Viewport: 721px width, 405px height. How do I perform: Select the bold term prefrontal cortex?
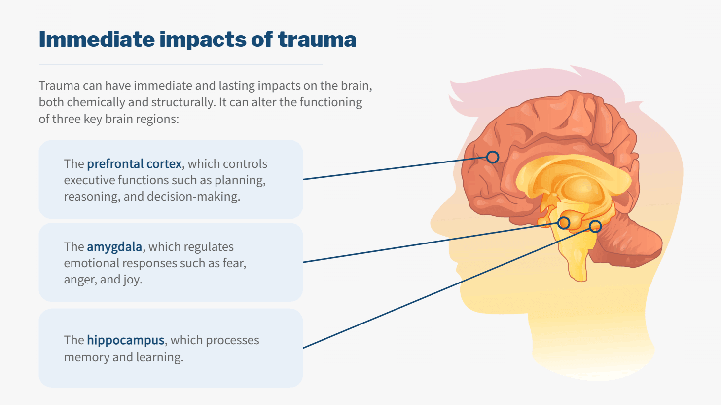pyautogui.click(x=134, y=164)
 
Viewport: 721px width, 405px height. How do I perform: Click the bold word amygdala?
pyautogui.click(x=114, y=247)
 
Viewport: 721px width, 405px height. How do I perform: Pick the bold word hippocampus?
pyautogui.click(x=125, y=340)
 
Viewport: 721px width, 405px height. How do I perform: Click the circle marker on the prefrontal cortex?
pyautogui.click(x=492, y=157)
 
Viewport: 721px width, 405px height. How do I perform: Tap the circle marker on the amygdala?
pyautogui.click(x=564, y=223)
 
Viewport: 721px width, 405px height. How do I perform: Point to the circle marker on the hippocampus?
pyautogui.click(x=595, y=226)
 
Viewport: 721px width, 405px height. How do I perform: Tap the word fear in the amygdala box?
pyautogui.click(x=233, y=263)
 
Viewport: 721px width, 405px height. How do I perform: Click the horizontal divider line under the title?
pyautogui.click(x=180, y=64)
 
